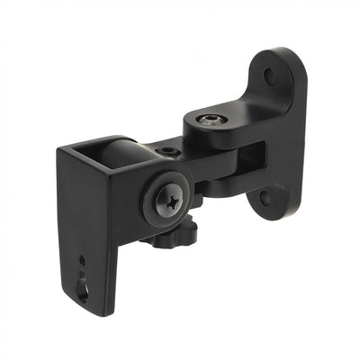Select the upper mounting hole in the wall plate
pos(269,76)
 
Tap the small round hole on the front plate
pos(81,260)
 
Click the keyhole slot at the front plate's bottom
pos(83,288)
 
